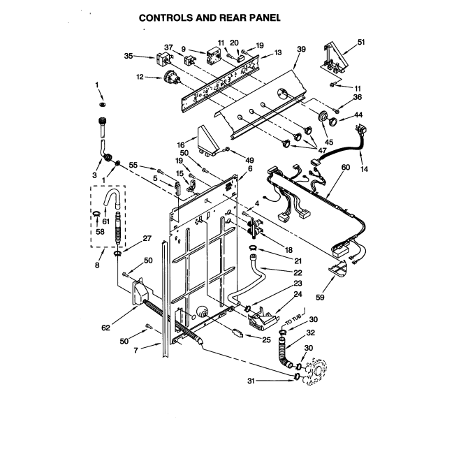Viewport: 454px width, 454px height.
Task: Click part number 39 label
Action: [x=301, y=49]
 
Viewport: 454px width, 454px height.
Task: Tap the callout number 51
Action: [x=361, y=43]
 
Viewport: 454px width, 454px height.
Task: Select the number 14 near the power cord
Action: [x=364, y=169]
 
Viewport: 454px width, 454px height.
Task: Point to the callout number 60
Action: [x=346, y=167]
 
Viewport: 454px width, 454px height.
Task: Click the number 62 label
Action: [x=105, y=328]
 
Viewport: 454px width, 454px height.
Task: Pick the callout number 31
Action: [x=251, y=381]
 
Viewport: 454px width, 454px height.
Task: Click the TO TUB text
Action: [x=293, y=319]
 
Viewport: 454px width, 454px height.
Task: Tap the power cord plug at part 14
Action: [x=360, y=129]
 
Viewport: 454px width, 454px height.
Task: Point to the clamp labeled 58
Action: [x=96, y=214]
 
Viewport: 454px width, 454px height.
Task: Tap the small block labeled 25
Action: [x=237, y=332]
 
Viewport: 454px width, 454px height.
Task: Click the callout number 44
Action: [x=358, y=115]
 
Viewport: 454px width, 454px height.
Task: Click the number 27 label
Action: [x=147, y=238]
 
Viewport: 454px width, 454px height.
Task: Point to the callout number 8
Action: [x=97, y=265]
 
